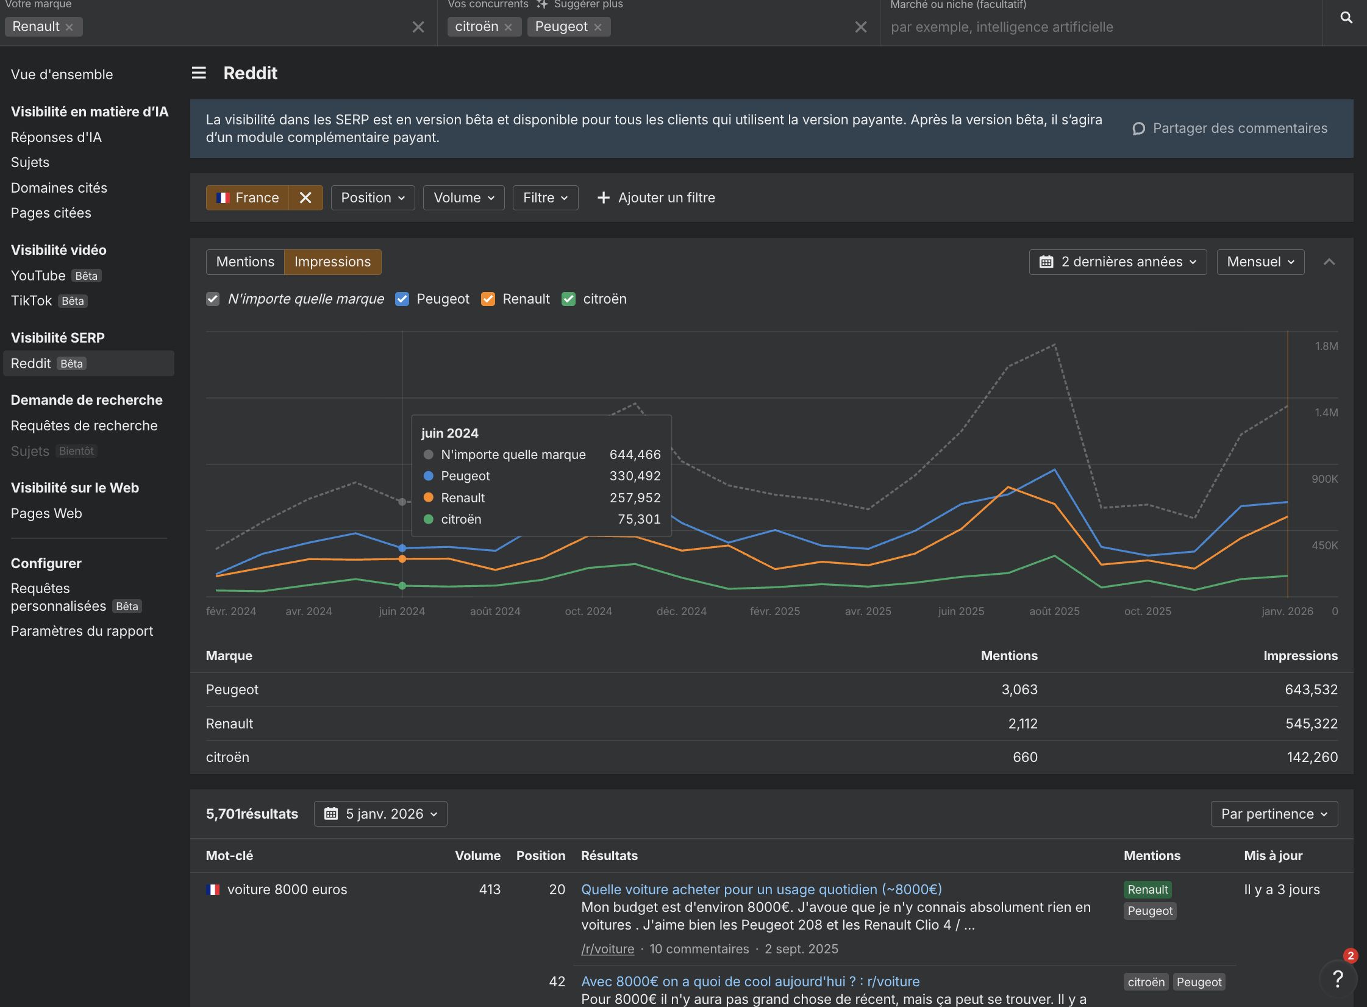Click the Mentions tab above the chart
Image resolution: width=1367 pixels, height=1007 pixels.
[245, 262]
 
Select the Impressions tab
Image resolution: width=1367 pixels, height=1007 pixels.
[332, 262]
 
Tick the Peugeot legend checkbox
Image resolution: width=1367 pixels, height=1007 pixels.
[402, 299]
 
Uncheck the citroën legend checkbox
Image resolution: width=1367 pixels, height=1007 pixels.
[568, 299]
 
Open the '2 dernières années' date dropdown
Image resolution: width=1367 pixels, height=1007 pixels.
[1118, 262]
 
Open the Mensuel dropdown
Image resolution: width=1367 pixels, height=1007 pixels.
[1260, 262]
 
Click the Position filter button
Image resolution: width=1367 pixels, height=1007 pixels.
[373, 198]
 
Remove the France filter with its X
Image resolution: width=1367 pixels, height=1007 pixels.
[305, 198]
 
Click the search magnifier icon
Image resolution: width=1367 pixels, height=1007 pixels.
[1346, 18]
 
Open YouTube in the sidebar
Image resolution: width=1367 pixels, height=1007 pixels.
[38, 276]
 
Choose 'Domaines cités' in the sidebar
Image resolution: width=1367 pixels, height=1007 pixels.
[59, 188]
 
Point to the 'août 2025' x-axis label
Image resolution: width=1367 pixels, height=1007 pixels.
[1054, 611]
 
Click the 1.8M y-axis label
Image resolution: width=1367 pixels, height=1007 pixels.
[1326, 346]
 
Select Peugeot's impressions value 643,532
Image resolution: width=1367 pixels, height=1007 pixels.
[1311, 689]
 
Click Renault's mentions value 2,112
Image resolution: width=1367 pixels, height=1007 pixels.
[1023, 724]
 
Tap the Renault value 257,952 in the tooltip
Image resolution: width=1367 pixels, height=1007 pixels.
[635, 498]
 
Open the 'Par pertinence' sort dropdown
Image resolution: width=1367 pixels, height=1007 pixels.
[1274, 814]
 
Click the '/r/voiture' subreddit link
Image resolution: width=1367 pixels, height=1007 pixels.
[607, 949]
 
